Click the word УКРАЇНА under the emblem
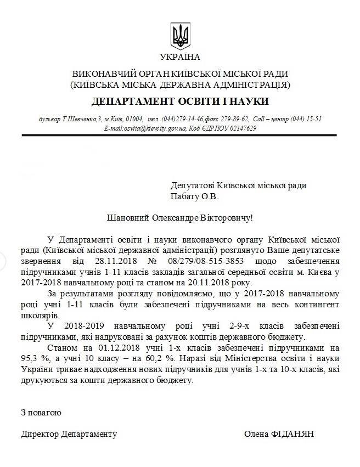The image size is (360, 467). [180, 57]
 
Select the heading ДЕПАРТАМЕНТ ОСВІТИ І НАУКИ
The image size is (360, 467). [180, 102]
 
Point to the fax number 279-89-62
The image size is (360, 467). [235, 119]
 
